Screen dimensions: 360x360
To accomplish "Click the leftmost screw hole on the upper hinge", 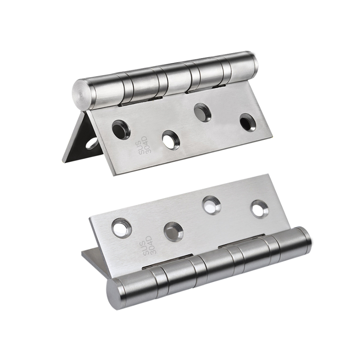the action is (121, 128).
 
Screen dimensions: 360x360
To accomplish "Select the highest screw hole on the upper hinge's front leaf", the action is (202, 112).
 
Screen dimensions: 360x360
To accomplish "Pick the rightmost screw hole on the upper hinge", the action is (249, 121).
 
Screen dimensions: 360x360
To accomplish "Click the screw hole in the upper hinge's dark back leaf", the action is (91, 143).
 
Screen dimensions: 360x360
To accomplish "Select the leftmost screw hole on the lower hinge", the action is (121, 228).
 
